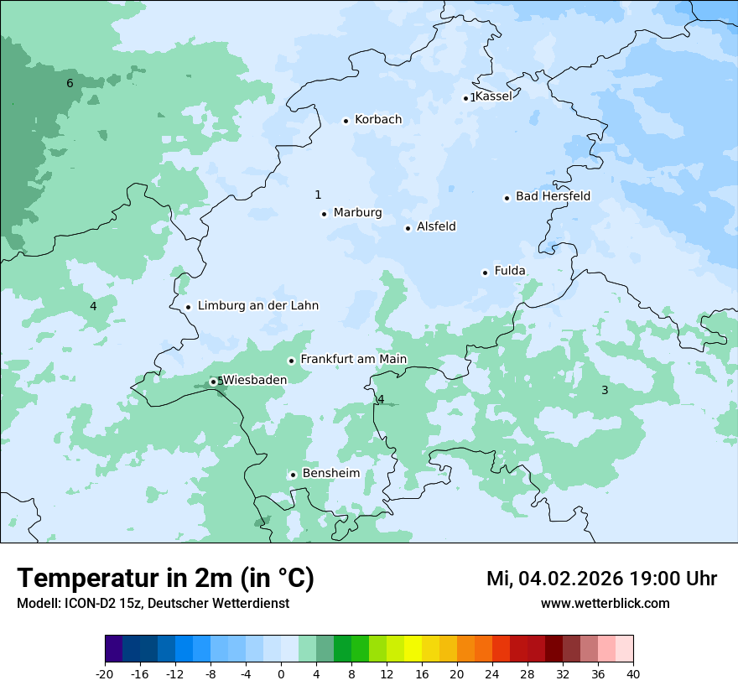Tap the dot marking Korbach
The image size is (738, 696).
tap(346, 121)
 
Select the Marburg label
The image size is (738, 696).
tap(357, 213)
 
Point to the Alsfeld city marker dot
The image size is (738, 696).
tap(408, 228)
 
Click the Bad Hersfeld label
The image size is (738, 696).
tap(553, 197)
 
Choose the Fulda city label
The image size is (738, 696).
tap(510, 271)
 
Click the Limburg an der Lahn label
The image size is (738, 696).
tap(257, 306)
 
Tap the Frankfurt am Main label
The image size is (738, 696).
tap(353, 360)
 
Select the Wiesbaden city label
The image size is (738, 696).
tap(255, 380)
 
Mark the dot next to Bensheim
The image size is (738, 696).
tap(293, 475)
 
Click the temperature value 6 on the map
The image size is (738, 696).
tap(70, 83)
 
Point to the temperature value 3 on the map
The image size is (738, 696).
tap(605, 390)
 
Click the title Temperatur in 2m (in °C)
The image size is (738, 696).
tap(165, 579)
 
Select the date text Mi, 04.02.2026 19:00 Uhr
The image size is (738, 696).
tap(601, 579)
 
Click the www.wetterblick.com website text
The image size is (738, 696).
tap(605, 604)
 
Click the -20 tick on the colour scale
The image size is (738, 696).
tap(105, 674)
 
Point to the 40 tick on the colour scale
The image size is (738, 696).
tap(633, 674)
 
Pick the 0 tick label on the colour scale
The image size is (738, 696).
tap(281, 674)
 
